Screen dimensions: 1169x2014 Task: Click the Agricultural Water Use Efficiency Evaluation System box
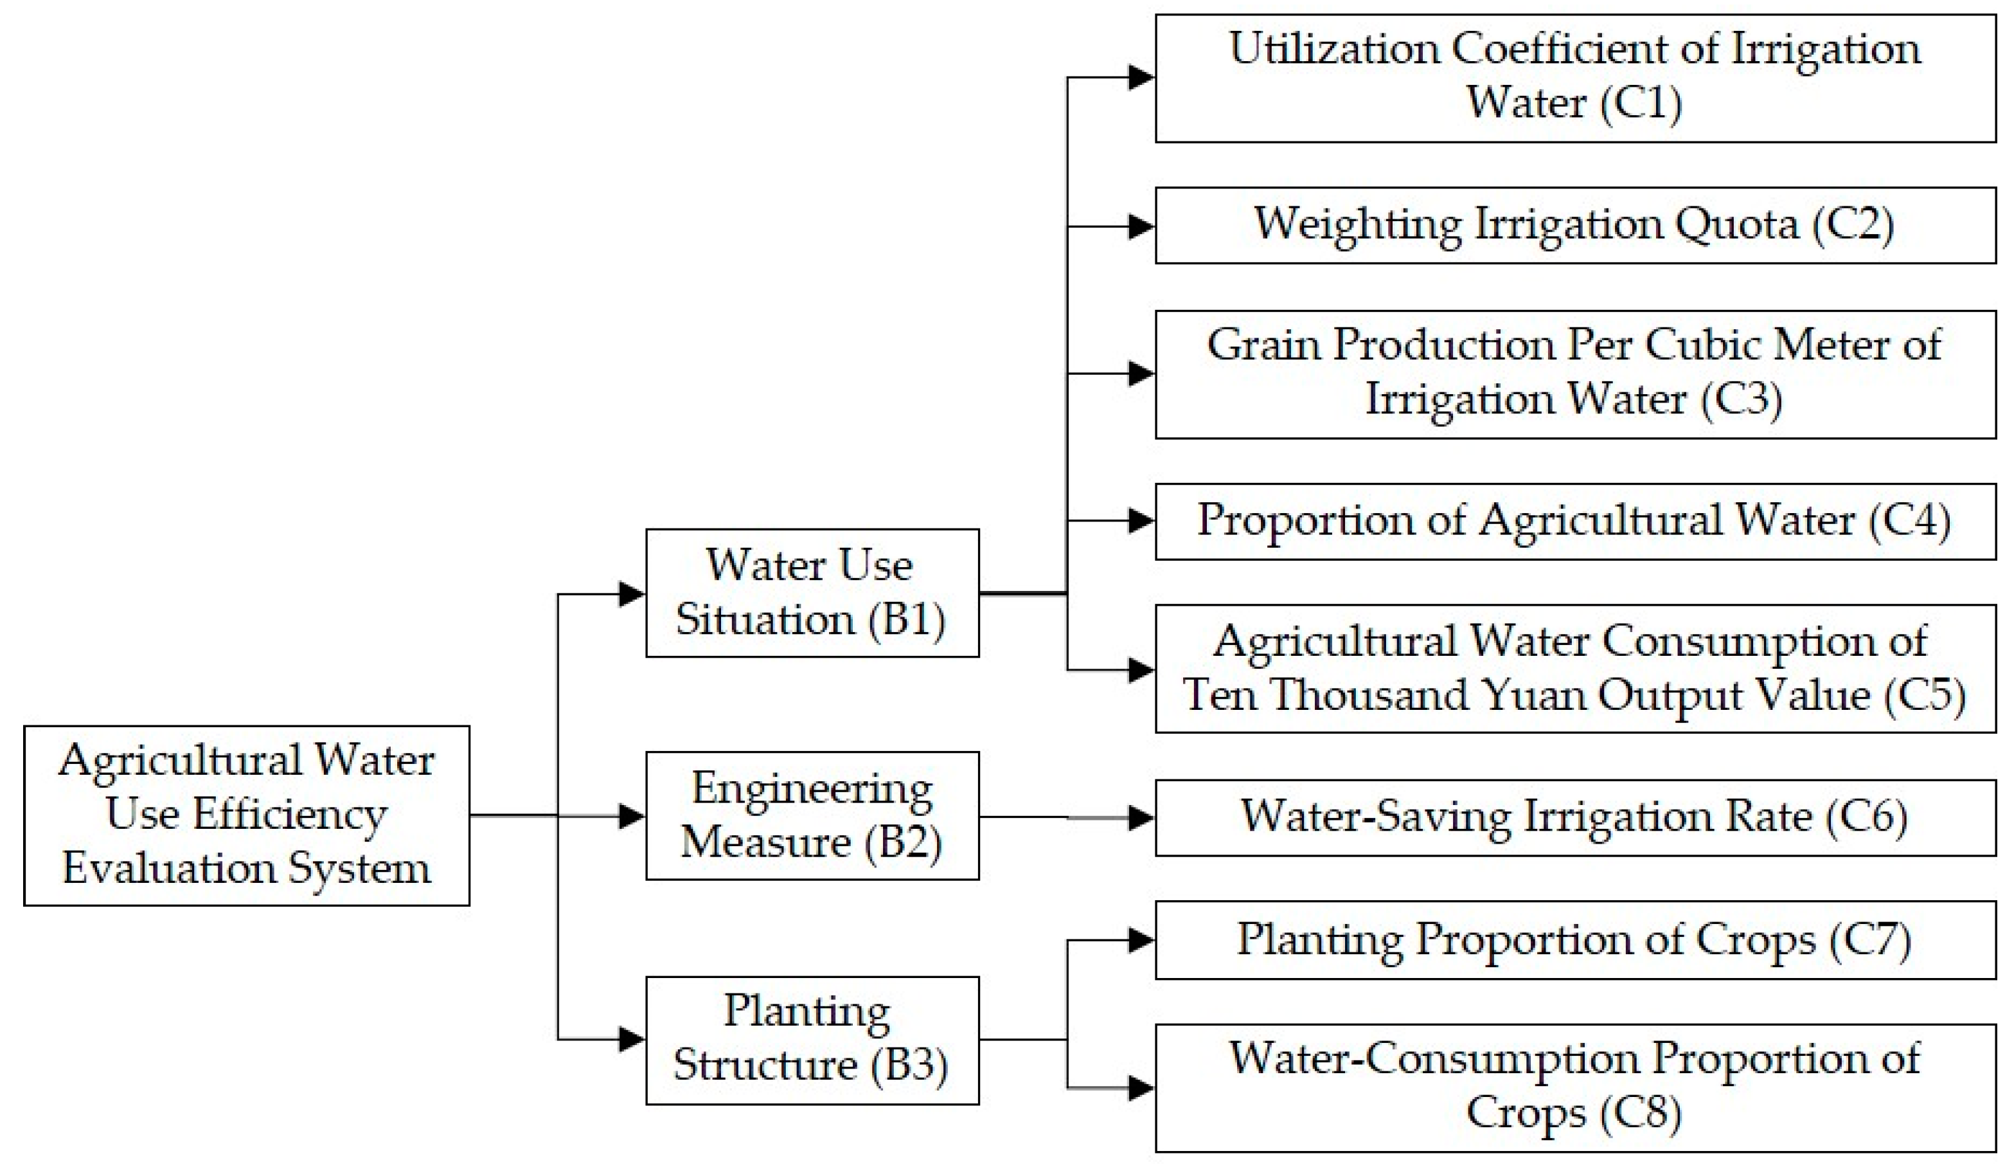pyautogui.click(x=246, y=815)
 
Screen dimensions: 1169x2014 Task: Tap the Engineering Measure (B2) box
pyautogui.click(x=812, y=815)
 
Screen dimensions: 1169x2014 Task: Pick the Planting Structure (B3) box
pyautogui.click(x=812, y=1040)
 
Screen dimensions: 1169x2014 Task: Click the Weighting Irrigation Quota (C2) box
pyautogui.click(x=1574, y=226)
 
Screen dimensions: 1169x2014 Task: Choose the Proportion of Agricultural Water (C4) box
pyautogui.click(x=1574, y=521)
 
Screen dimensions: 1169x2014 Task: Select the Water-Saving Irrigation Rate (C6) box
pyautogui.click(x=1574, y=817)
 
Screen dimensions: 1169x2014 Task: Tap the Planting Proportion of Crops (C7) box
pyautogui.click(x=1574, y=939)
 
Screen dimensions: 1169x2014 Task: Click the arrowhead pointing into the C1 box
pyautogui.click(x=1141, y=78)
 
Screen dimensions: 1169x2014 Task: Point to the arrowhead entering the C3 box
pyautogui.click(x=1141, y=374)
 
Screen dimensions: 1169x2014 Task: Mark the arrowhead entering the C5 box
pyautogui.click(x=1141, y=670)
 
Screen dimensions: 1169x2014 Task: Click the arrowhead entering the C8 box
pyautogui.click(x=1141, y=1087)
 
